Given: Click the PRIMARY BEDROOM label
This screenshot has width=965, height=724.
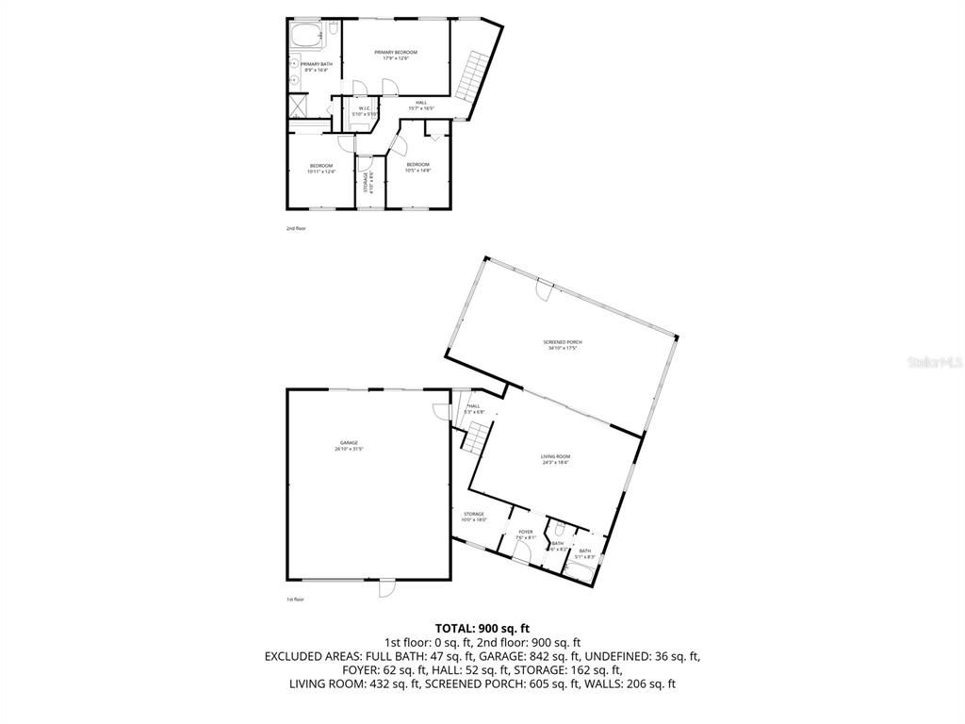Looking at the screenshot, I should pos(395,52).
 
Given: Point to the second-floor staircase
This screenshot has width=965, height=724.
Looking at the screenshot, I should pos(470,75).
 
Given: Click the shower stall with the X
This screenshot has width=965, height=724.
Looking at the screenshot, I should pos(298,104).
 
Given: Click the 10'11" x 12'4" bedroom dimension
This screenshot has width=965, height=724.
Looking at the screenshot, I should pos(321,172).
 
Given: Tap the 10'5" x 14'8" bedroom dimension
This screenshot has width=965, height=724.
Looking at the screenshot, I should pos(417,171).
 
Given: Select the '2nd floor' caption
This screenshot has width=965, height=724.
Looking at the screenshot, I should pos(296,228).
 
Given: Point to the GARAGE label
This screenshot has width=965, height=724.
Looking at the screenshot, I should pos(349,444).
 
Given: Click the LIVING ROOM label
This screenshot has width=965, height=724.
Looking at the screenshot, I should pos(555,456).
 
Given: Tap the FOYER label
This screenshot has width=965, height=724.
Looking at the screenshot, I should pos(526,532).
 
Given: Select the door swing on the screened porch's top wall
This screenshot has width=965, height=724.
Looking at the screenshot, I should pos(544,291).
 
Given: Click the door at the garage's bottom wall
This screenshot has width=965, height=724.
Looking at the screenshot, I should pos(385,587).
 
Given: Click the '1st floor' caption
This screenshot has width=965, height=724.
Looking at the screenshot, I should pos(296,600).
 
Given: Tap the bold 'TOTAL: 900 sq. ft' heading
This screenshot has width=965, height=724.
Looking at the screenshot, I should pos(482,628).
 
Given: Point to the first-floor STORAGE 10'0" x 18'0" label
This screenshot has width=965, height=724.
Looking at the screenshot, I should pos(473,517).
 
